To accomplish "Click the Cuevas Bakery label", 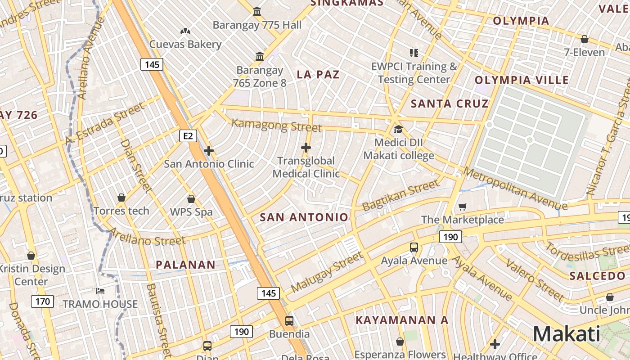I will coord(185,44).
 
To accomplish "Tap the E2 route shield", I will coord(188,135).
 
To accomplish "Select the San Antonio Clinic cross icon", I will coord(208,151).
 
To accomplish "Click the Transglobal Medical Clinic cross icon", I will coord(306,147).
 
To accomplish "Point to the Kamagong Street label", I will coord(276,126).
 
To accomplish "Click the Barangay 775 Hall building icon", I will coord(257,11).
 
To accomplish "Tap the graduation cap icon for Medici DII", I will coord(398,130).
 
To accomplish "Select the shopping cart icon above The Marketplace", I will coord(462,207).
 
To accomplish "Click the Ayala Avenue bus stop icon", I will coord(414,247).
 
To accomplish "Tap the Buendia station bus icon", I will coord(289,321).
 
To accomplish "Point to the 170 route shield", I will coord(42,301).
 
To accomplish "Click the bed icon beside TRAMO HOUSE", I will coord(100,291).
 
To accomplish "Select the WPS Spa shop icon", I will coord(191,199).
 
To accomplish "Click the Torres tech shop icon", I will coord(121,198).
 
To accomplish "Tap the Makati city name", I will coord(566,334).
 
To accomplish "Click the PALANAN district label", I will coord(185,265).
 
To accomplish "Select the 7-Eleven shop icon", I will coord(584,39).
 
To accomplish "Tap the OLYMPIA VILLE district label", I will coord(522,81).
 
